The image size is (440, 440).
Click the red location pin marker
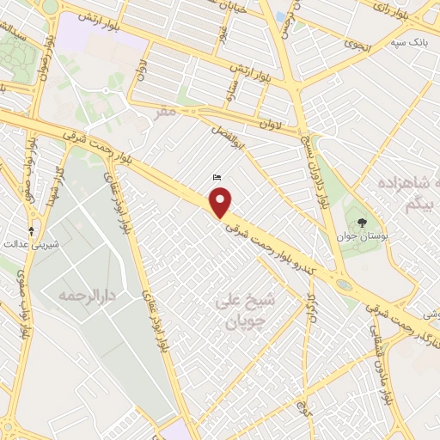(222, 203)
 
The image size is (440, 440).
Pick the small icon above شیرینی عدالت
(32, 230)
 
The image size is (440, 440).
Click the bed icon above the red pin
(217, 178)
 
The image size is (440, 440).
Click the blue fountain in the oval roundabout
(344, 283)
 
